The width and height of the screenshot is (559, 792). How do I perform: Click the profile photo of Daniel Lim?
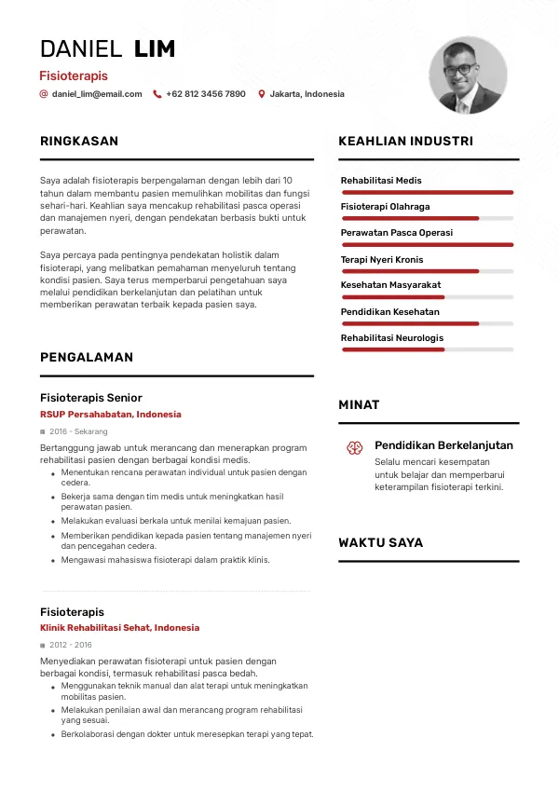coord(468,75)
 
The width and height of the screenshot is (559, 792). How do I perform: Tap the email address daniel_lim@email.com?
coord(97,94)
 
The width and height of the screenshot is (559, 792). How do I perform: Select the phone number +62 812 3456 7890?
coord(206,94)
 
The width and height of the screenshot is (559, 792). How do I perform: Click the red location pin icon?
coord(262,94)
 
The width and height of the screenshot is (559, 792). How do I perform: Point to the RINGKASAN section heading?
coord(79,142)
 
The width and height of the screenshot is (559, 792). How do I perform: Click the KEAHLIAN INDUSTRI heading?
coord(405,142)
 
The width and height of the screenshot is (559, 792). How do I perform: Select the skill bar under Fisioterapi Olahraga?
coord(428,218)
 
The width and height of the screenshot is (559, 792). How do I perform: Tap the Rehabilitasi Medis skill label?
coord(381,180)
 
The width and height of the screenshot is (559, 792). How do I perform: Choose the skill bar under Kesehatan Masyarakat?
coord(428,296)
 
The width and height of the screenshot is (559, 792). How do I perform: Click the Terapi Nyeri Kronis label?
coord(382,259)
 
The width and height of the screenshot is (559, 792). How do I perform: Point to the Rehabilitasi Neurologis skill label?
coord(392,337)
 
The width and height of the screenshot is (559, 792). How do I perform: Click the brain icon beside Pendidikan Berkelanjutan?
coord(355,448)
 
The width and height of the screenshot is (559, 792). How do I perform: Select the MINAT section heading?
coord(359,405)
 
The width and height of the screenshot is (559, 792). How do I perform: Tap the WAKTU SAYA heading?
coord(380,542)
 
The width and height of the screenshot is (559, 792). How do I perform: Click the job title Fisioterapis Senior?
coord(91,398)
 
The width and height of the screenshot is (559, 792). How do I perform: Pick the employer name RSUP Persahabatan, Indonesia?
coord(111,415)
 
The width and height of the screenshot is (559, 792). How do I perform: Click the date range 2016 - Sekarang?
coord(78,432)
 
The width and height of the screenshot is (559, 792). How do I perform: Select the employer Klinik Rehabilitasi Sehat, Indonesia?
coord(119,628)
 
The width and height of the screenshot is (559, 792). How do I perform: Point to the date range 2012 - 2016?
coord(71,645)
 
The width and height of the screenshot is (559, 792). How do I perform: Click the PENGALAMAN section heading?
coord(87,357)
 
